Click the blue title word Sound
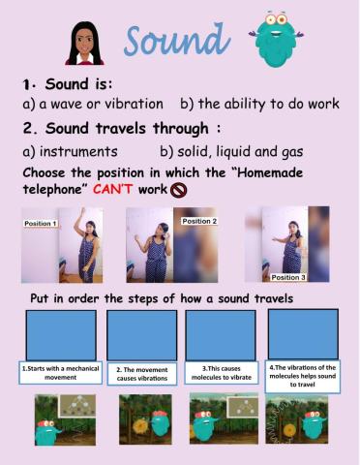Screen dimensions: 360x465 pyautogui.click(x=177, y=40)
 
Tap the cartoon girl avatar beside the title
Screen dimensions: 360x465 pyautogui.click(x=85, y=44)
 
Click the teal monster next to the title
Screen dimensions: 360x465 pyautogui.click(x=276, y=40)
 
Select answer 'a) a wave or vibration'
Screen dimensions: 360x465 pyautogui.click(x=93, y=104)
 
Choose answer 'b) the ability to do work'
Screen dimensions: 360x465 pyautogui.click(x=259, y=104)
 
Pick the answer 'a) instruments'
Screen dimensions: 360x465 pyautogui.click(x=70, y=151)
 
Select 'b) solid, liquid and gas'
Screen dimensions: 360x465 pyautogui.click(x=231, y=152)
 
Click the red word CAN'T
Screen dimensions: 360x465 pyautogui.click(x=112, y=189)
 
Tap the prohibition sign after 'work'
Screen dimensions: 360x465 pyautogui.click(x=178, y=190)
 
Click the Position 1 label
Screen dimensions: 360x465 pyautogui.click(x=41, y=223)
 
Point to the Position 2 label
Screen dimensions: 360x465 pyautogui.click(x=199, y=221)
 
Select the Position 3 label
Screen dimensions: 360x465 pyautogui.click(x=288, y=277)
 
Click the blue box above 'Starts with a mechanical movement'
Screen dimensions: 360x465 pyautogui.click(x=61, y=335)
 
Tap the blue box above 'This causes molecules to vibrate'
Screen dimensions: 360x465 pyautogui.click(x=221, y=335)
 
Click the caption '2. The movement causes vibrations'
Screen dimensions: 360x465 pyautogui.click(x=142, y=374)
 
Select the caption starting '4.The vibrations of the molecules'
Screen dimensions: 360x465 pyautogui.click(x=303, y=376)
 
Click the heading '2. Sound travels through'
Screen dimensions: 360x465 pyautogui.click(x=122, y=129)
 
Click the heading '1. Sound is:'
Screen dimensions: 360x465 pyautogui.click(x=68, y=84)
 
